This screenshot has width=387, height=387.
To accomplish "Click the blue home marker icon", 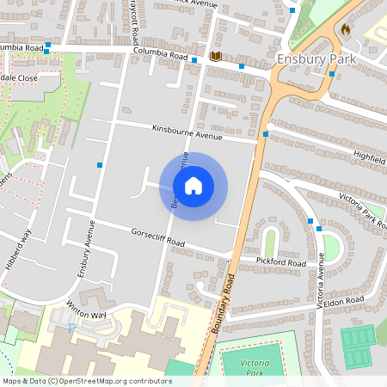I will click(193, 185).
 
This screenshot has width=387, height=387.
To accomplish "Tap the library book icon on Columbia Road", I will click(215, 56).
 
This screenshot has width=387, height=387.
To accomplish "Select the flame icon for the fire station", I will click(346, 28).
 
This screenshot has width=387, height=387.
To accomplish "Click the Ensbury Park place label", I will click(316, 58).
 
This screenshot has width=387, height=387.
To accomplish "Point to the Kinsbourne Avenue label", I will click(187, 132).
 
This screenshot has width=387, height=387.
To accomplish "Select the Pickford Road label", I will click(281, 261).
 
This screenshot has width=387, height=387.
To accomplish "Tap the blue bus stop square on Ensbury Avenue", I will click(101, 163).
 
